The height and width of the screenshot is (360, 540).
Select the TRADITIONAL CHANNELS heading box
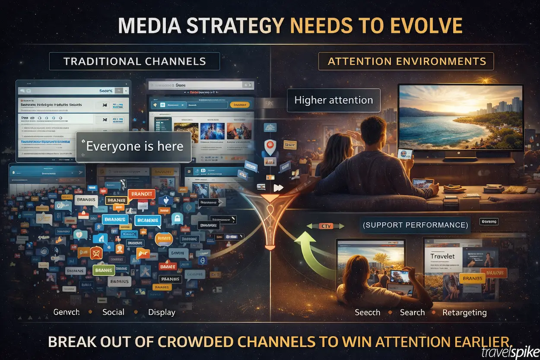tap(134, 61)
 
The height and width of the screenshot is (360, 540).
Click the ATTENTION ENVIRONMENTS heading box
tap(406, 61)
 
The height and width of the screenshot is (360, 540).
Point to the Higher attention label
tap(333, 100)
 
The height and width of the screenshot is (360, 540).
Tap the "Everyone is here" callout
tap(134, 147)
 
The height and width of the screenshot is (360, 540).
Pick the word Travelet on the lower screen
tap(442, 256)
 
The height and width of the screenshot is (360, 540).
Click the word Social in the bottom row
tap(113, 312)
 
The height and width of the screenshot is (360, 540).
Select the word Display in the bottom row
tap(162, 312)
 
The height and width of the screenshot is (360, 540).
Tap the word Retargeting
tap(464, 312)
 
